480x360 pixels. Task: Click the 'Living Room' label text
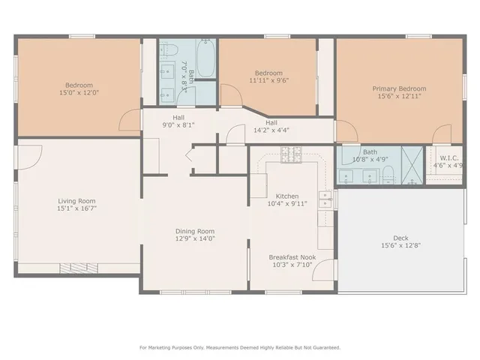tap(76, 200)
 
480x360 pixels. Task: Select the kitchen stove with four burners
tap(290, 154)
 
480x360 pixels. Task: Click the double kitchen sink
tap(325, 199)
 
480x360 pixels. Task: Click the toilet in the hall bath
tap(169, 51)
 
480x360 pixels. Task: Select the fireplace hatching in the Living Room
tap(73, 266)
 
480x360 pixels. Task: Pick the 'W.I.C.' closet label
tap(449, 157)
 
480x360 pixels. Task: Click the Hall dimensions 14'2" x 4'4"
tap(271, 130)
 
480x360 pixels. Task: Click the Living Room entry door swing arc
tap(30, 155)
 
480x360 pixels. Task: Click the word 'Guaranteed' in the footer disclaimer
tap(324, 347)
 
